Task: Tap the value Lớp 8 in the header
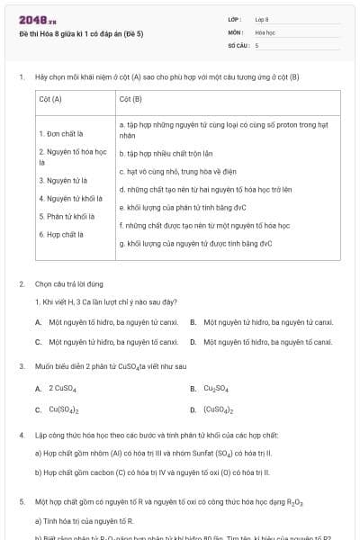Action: tap(262, 18)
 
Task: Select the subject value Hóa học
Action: tap(265, 31)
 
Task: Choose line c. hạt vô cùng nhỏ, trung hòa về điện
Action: tap(178, 172)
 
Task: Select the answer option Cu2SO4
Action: tap(215, 389)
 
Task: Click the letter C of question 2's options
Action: tap(39, 342)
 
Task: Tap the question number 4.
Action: tap(21, 434)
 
